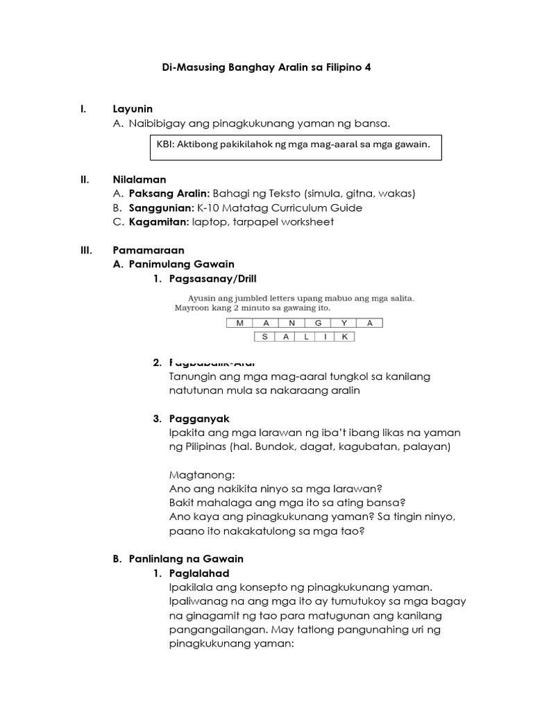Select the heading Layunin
(x=133, y=109)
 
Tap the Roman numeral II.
(x=84, y=180)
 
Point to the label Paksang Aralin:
(x=169, y=194)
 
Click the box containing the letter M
(x=240, y=323)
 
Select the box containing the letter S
(x=265, y=337)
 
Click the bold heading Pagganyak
(x=198, y=419)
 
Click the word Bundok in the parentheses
(x=275, y=447)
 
